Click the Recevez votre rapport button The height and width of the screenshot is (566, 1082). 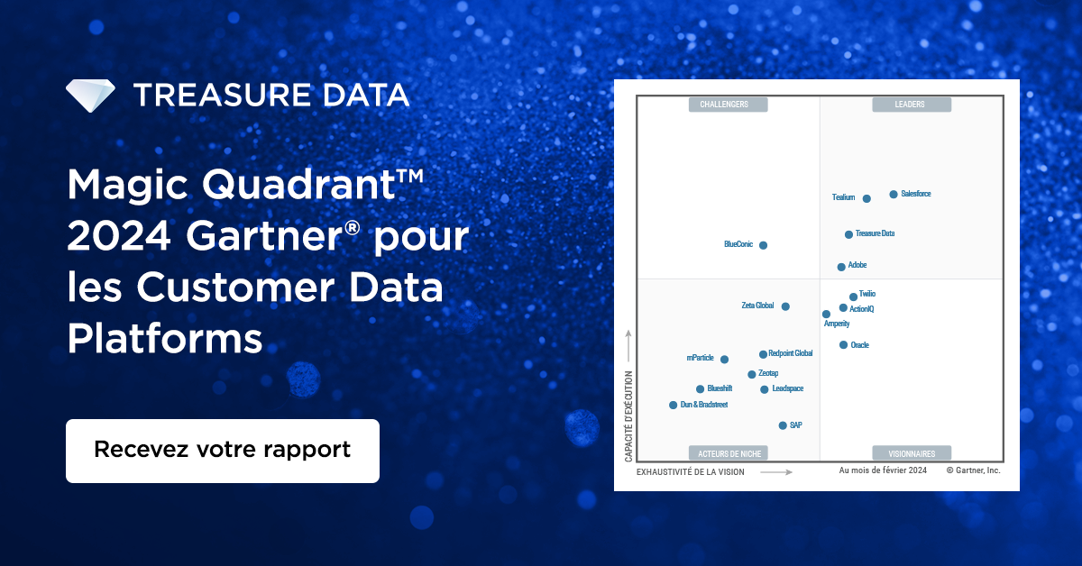222,450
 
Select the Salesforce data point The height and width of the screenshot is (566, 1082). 894,194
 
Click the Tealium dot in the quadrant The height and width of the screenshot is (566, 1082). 867,198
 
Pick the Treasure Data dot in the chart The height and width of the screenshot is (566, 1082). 848,234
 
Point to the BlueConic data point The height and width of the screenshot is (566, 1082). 763,245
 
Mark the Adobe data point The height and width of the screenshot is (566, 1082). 841,267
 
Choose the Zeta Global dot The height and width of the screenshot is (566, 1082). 785,306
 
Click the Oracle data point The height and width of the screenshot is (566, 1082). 843,345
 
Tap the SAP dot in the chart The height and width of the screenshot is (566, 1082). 783,425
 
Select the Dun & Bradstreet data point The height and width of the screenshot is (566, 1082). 673,406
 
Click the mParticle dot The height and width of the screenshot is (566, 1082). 724,360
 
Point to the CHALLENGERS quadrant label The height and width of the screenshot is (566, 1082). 729,105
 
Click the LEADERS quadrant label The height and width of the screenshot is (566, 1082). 911,105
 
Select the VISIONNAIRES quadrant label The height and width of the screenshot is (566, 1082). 911,453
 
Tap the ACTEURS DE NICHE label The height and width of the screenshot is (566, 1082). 729,453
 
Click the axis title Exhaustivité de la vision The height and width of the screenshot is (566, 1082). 691,471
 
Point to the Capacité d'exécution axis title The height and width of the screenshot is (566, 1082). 628,416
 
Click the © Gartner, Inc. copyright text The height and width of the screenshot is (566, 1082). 973,470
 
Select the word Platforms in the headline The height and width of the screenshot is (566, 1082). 165,340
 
